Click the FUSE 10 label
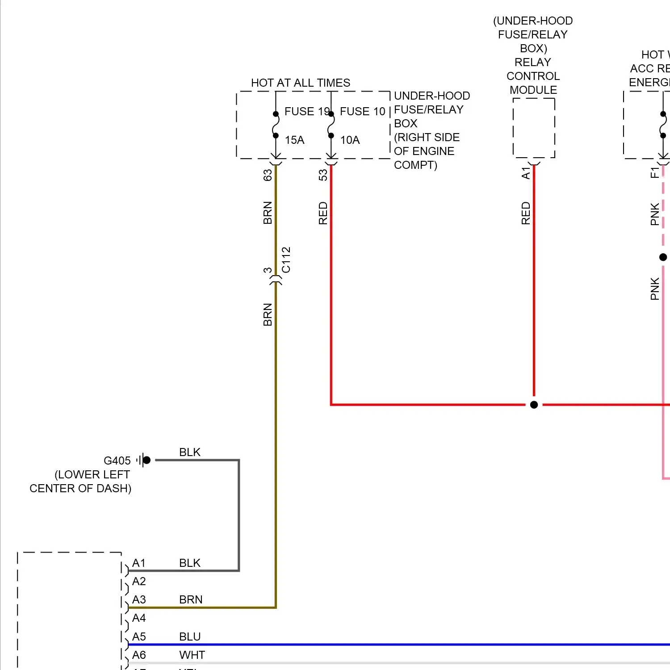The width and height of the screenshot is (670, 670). pyautogui.click(x=362, y=111)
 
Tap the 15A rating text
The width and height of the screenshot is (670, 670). pyautogui.click(x=294, y=140)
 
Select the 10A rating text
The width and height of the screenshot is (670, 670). pyautogui.click(x=350, y=140)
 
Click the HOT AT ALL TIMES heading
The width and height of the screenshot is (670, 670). pyautogui.click(x=300, y=83)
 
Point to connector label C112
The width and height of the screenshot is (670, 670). pyautogui.click(x=286, y=260)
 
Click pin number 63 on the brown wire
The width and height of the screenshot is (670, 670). pyautogui.click(x=268, y=175)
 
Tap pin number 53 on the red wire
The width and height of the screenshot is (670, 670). pyautogui.click(x=323, y=175)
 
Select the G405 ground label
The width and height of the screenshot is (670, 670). pyautogui.click(x=117, y=461)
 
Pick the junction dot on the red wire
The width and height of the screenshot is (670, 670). pyautogui.click(x=534, y=405)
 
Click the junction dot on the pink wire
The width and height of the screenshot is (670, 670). pyautogui.click(x=663, y=257)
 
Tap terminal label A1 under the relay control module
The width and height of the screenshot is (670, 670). pyautogui.click(x=526, y=173)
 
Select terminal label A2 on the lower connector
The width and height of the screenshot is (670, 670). pyautogui.click(x=139, y=581)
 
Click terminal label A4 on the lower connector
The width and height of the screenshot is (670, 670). pyautogui.click(x=139, y=618)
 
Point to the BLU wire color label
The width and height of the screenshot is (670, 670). pyautogui.click(x=190, y=636)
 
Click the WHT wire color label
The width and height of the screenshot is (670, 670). pyautogui.click(x=192, y=655)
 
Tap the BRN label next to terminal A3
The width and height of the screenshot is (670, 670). pyautogui.click(x=191, y=599)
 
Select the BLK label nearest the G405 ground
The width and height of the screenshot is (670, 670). pyautogui.click(x=190, y=452)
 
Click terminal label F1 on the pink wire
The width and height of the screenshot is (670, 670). pyautogui.click(x=654, y=172)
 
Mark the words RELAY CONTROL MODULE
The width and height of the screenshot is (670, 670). pyautogui.click(x=533, y=76)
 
